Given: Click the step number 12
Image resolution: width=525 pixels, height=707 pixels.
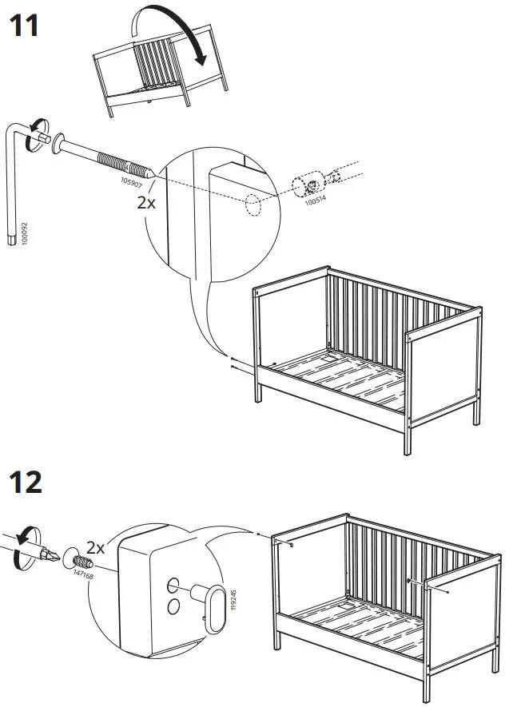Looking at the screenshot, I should point(25,483).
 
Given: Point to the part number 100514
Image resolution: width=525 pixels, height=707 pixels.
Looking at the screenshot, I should point(316,204).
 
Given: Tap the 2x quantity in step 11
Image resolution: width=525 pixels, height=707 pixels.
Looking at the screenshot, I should point(146,202).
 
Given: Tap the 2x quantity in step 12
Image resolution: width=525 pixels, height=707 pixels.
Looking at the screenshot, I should point(96,547).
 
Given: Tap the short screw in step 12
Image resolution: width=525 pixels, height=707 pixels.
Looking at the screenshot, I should point(82,558).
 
